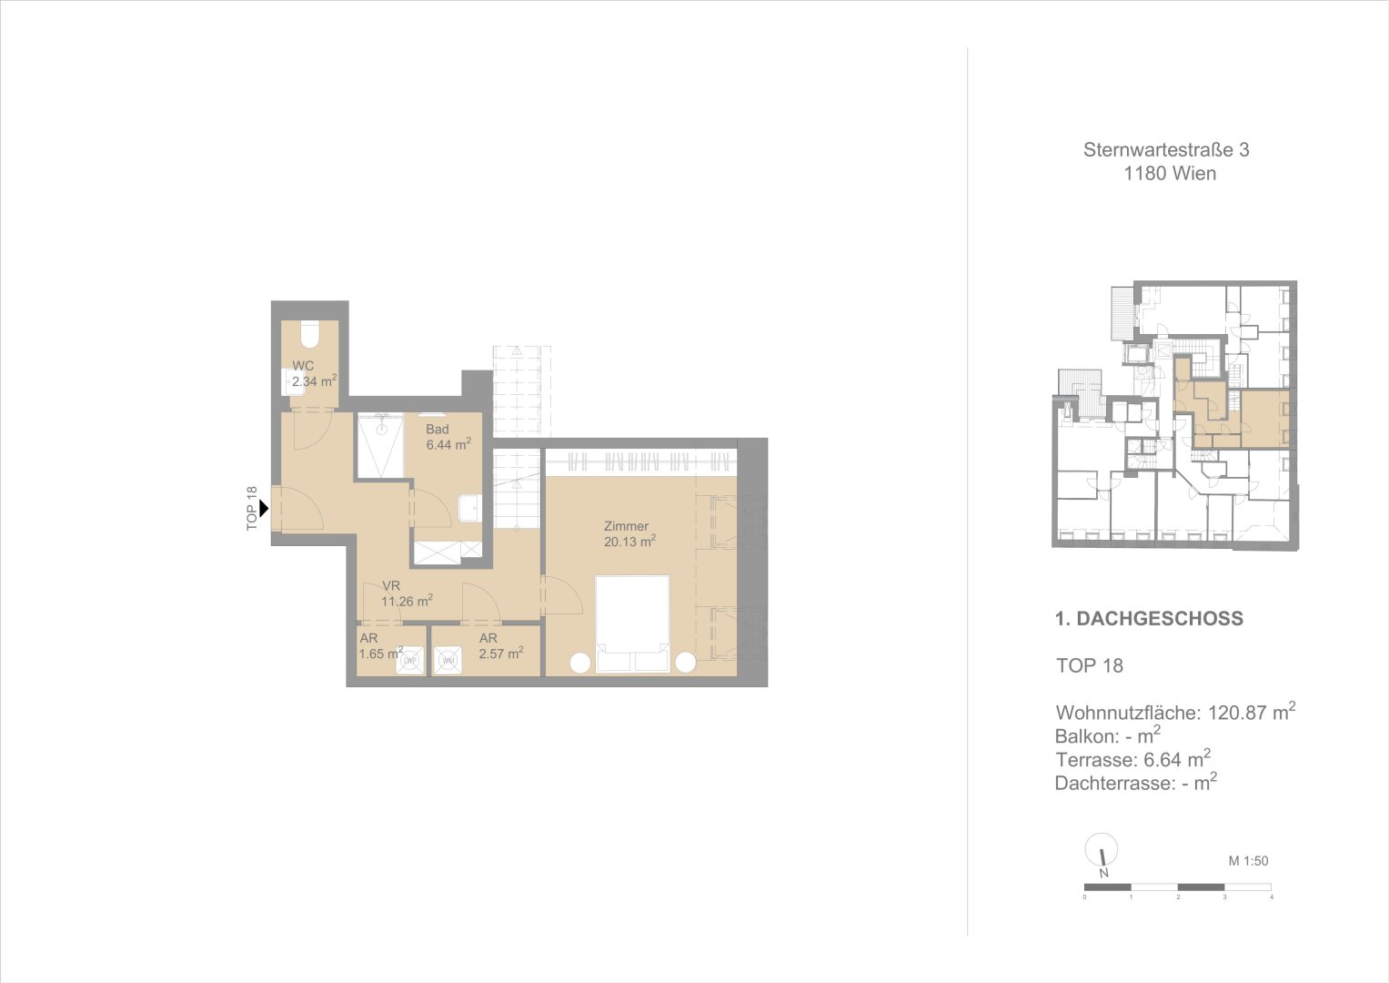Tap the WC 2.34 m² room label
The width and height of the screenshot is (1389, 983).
(x=315, y=373)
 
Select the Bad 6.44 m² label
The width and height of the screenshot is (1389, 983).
(x=448, y=437)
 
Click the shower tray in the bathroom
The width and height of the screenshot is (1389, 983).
(x=380, y=446)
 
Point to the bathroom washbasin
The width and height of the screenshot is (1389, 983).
(x=469, y=508)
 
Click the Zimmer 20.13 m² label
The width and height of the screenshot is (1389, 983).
(x=629, y=533)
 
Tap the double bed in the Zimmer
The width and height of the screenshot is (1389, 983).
(x=632, y=624)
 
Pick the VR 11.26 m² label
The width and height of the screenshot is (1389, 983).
(x=407, y=593)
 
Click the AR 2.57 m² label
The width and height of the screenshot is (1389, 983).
(x=501, y=645)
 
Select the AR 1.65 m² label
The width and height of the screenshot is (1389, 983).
(x=381, y=645)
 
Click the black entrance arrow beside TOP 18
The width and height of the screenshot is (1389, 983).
(x=264, y=509)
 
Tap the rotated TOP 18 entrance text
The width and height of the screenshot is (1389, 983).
(x=251, y=509)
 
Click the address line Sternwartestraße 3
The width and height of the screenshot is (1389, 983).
(x=1166, y=150)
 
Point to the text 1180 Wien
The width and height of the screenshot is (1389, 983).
(x=1170, y=174)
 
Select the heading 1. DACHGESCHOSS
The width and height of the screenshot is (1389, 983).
(x=1149, y=619)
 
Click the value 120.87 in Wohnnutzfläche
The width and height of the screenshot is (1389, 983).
(x=1237, y=713)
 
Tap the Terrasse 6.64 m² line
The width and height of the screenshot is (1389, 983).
(x=1132, y=758)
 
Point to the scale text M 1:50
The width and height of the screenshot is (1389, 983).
(x=1248, y=861)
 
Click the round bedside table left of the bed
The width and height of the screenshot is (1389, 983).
(x=579, y=663)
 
